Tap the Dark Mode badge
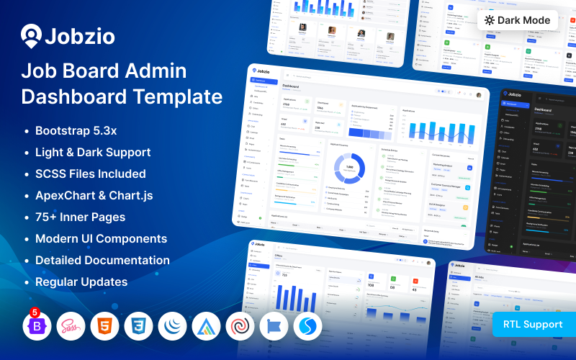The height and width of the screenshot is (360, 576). (x=518, y=20)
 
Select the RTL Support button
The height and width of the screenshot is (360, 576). (x=533, y=324)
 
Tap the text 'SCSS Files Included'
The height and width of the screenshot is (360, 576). (x=90, y=174)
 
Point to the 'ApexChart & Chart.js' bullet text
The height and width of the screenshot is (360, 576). (x=94, y=195)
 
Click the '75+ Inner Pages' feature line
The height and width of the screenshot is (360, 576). (x=80, y=217)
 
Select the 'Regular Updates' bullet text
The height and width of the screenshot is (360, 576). (x=81, y=282)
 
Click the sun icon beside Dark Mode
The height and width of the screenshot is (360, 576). (x=490, y=20)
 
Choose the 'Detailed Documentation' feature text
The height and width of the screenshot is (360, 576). (x=102, y=260)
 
